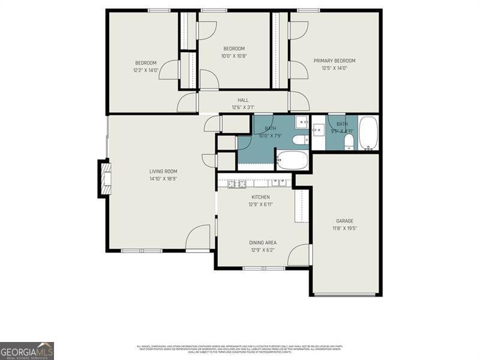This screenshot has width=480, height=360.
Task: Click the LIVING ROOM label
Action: tap(163, 171)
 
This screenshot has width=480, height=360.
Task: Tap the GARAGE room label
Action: tap(344, 221)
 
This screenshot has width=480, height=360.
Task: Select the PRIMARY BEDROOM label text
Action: tap(335, 61)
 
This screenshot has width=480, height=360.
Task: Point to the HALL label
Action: tap(243, 100)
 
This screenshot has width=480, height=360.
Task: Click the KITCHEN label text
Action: tap(260, 197)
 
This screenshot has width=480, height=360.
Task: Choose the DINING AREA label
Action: tap(263, 242)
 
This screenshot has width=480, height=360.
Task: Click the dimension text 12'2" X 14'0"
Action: tap(146, 70)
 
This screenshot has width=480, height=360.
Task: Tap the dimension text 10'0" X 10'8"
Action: tap(234, 56)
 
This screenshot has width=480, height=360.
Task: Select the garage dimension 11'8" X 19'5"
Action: tap(344, 228)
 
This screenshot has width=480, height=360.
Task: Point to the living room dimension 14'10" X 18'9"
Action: tap(163, 178)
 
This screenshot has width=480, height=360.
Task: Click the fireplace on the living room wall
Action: tap(106, 178)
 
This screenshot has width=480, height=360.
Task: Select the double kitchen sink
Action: tap(278, 183)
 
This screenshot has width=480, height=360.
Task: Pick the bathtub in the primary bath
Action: tap(368, 133)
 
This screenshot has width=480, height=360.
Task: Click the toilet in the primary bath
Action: tap(349, 142)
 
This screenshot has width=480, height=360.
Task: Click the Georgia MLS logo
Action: tap(27, 350)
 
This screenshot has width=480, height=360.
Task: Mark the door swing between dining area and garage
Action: tap(299, 256)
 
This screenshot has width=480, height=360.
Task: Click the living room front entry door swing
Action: tap(198, 239)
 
